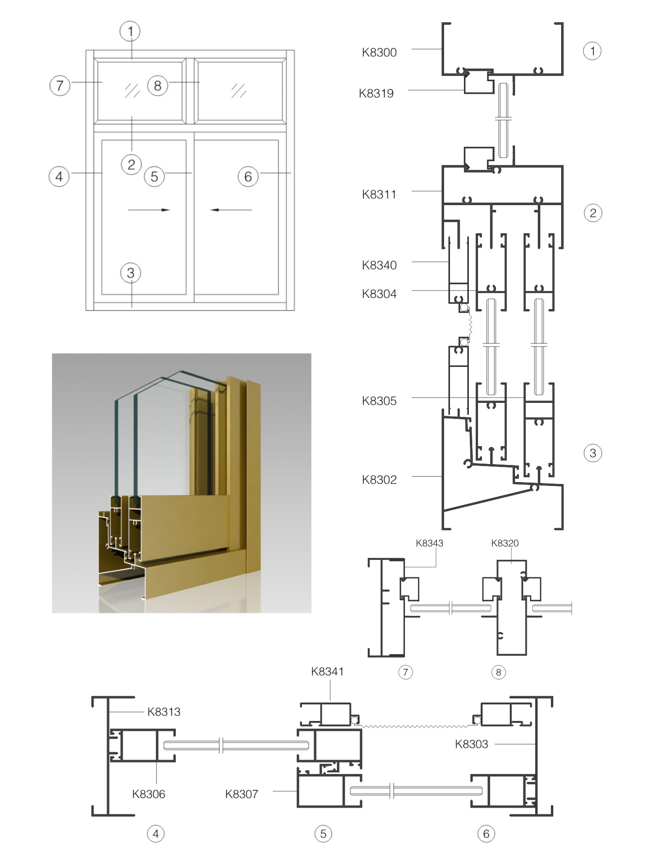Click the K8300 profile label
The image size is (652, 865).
coord(379,52)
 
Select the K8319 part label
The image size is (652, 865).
coord(376,93)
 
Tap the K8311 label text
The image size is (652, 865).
coord(379,194)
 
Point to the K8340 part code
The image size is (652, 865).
coord(379,265)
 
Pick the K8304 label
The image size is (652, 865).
coord(379,294)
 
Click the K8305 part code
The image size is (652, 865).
coord(379,401)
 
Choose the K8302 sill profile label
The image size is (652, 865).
coord(379,480)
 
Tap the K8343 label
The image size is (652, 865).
coord(429,543)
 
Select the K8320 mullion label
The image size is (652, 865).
coord(505,543)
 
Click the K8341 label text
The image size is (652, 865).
coord(327,672)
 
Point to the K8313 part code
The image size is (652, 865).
coord(164,712)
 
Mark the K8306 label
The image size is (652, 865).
coord(149,794)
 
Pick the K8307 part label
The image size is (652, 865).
coord(241,794)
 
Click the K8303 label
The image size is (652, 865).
coord(471,744)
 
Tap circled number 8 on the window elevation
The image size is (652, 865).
coord(157,86)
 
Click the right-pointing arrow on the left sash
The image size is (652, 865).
coord(149,210)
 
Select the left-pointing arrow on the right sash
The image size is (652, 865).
coord(231,210)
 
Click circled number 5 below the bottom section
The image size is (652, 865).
coord(323,834)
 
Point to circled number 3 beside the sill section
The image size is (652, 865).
coord(593,453)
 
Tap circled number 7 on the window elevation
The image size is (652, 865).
coord(60,86)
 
